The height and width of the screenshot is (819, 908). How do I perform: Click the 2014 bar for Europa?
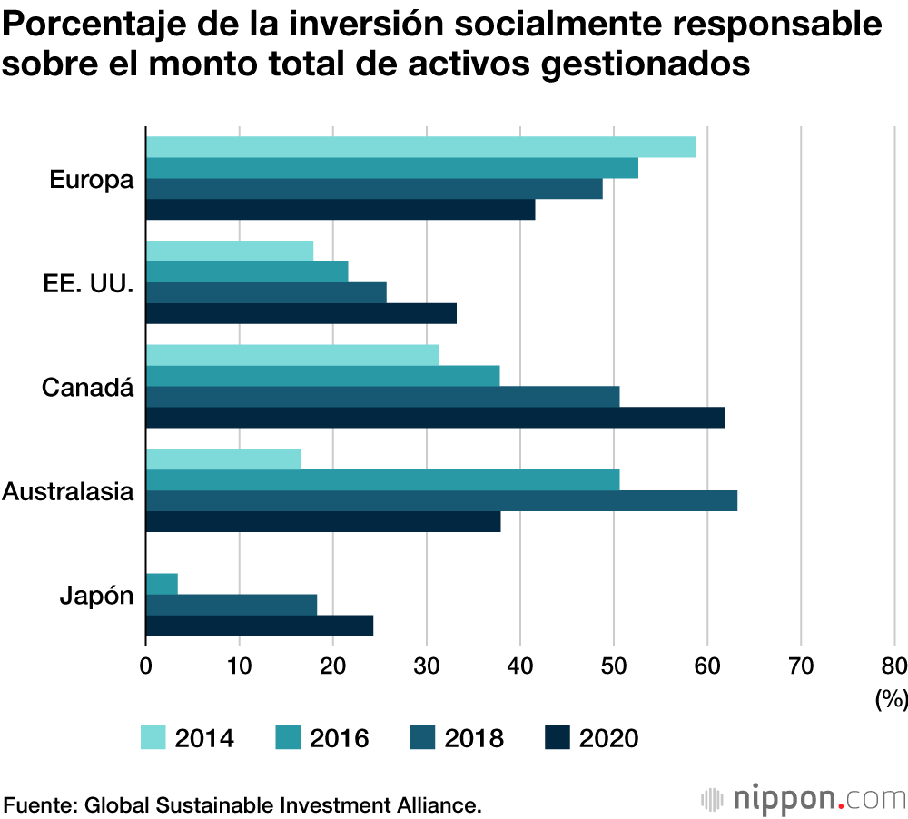[x=420, y=147]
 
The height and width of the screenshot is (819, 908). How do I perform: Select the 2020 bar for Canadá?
[x=435, y=417]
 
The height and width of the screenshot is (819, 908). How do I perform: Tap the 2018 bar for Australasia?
[x=441, y=500]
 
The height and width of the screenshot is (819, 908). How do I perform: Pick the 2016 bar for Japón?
[x=162, y=584]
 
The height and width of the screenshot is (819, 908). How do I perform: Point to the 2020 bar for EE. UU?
[x=301, y=313]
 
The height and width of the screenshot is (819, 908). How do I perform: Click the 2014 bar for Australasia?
[x=223, y=459]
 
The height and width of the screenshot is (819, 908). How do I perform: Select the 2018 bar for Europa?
[x=374, y=189]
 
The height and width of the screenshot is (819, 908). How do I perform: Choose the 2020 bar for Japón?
[x=259, y=626]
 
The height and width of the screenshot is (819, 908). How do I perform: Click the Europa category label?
[x=91, y=180]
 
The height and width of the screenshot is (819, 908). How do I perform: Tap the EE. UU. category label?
[x=88, y=284]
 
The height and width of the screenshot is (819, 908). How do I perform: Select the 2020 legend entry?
[x=591, y=737]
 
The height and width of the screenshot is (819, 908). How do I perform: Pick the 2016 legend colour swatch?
[x=288, y=737]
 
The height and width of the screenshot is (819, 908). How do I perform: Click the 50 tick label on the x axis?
[x=614, y=665]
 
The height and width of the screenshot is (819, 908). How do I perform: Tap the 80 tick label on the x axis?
[x=893, y=665]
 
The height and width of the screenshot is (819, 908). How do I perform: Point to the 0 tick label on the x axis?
[x=146, y=665]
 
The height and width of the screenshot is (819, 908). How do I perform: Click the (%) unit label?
[x=891, y=698]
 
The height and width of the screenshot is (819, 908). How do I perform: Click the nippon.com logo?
[x=804, y=800]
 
